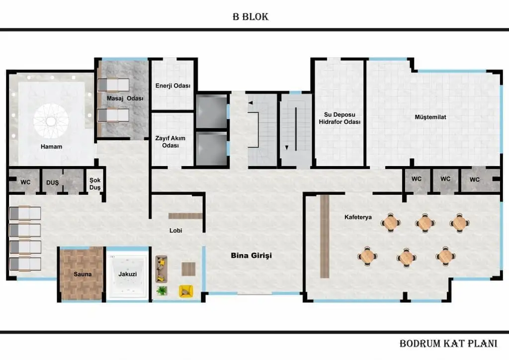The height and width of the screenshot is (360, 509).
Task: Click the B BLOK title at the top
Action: click(251, 17)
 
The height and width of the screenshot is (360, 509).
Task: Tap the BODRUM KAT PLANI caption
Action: click(448, 344)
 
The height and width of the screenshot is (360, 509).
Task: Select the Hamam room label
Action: click(52, 147)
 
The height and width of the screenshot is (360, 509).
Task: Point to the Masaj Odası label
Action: click(125, 98)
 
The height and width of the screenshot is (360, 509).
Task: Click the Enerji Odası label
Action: click(173, 86)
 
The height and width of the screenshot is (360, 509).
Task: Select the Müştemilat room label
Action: click(431, 117)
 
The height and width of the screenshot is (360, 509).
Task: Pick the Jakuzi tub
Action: click(128, 274)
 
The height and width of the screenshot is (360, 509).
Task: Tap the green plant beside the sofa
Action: click(162, 290)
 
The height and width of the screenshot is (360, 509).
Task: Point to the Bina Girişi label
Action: click(252, 256)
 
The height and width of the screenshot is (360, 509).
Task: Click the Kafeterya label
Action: click(358, 217)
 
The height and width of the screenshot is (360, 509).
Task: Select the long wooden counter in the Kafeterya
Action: click(325, 237)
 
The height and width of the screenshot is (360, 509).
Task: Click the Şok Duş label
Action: click(94, 184)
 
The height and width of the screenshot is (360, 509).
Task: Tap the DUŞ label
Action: click(52, 182)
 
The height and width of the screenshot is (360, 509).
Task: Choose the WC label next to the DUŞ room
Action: click(25, 182)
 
